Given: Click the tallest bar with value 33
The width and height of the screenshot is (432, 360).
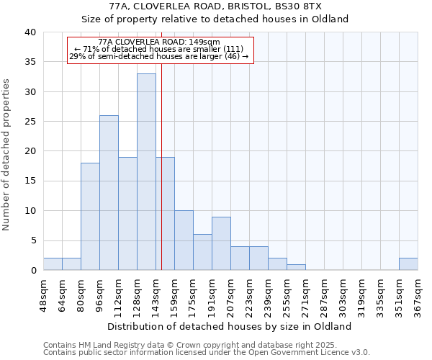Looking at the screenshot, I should pos(146,172).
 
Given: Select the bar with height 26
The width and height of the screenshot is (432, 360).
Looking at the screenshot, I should pos(109,193).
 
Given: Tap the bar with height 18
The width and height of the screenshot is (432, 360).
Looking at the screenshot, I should pos(90,217).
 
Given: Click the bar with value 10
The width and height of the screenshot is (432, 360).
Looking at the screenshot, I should pos(184,240).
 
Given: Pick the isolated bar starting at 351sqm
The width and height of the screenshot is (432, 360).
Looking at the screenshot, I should pos(408,264).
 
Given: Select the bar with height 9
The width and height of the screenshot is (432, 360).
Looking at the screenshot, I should pos(221,243).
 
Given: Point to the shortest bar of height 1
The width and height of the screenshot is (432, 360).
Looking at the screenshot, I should pos(296,267).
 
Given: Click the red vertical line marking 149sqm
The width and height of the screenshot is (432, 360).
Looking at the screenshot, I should pos(161,180).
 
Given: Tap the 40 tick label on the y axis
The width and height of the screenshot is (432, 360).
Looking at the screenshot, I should pos(30,32).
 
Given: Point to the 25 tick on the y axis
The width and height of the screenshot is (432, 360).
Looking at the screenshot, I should pos(30,122).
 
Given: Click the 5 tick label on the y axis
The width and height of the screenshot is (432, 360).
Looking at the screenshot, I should pos(32,240).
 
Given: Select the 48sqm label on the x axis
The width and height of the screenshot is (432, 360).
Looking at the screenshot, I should pos(43,294).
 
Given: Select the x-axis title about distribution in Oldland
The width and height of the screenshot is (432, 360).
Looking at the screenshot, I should pos(230,326).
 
